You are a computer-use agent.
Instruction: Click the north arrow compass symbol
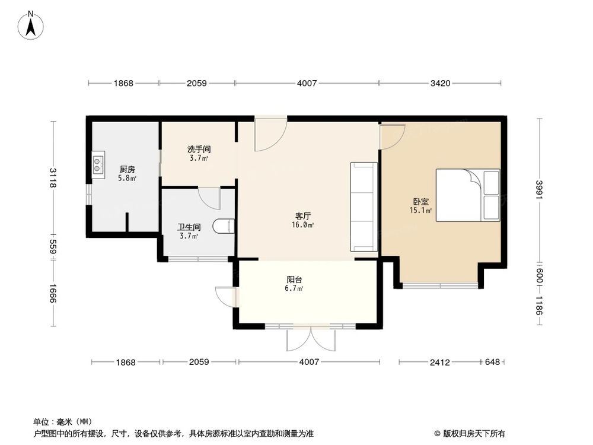click(x=31, y=25)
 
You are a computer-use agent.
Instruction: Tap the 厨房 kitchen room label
click(x=127, y=169)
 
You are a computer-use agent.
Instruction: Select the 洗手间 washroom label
click(x=199, y=149)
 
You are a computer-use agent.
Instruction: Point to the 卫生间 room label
click(x=189, y=227)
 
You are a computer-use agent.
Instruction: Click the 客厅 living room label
click(x=303, y=216)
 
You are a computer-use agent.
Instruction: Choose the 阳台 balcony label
click(x=294, y=279)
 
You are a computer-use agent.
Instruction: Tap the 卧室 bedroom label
click(x=420, y=202)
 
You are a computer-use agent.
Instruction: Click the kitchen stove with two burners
click(x=98, y=164)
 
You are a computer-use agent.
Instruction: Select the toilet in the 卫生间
click(x=224, y=226)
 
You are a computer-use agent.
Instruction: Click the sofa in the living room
click(x=364, y=206)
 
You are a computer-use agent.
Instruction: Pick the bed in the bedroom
click(x=468, y=195)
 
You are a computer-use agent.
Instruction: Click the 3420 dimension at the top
click(x=440, y=83)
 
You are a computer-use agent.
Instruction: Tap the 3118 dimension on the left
click(x=53, y=177)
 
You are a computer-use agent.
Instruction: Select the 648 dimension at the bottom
click(x=492, y=362)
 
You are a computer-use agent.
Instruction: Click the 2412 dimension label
click(x=440, y=362)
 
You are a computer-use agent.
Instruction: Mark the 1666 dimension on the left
click(x=53, y=293)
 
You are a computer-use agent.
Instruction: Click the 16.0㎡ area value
click(x=302, y=225)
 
